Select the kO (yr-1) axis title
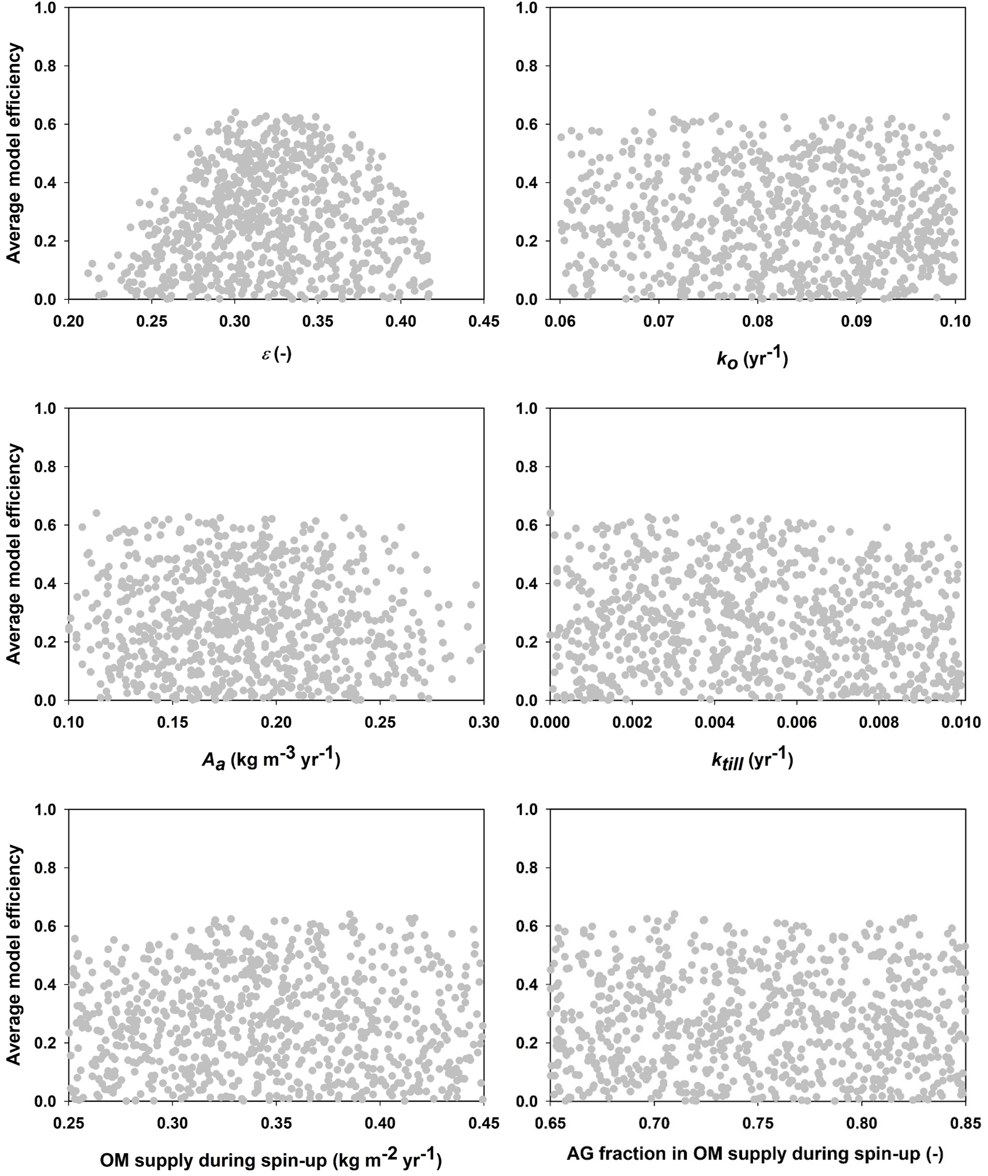point(752,359)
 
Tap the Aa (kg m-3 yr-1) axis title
point(271,760)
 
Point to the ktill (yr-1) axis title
point(752,760)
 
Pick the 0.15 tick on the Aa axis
point(172,723)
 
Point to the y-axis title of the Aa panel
point(15,555)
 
